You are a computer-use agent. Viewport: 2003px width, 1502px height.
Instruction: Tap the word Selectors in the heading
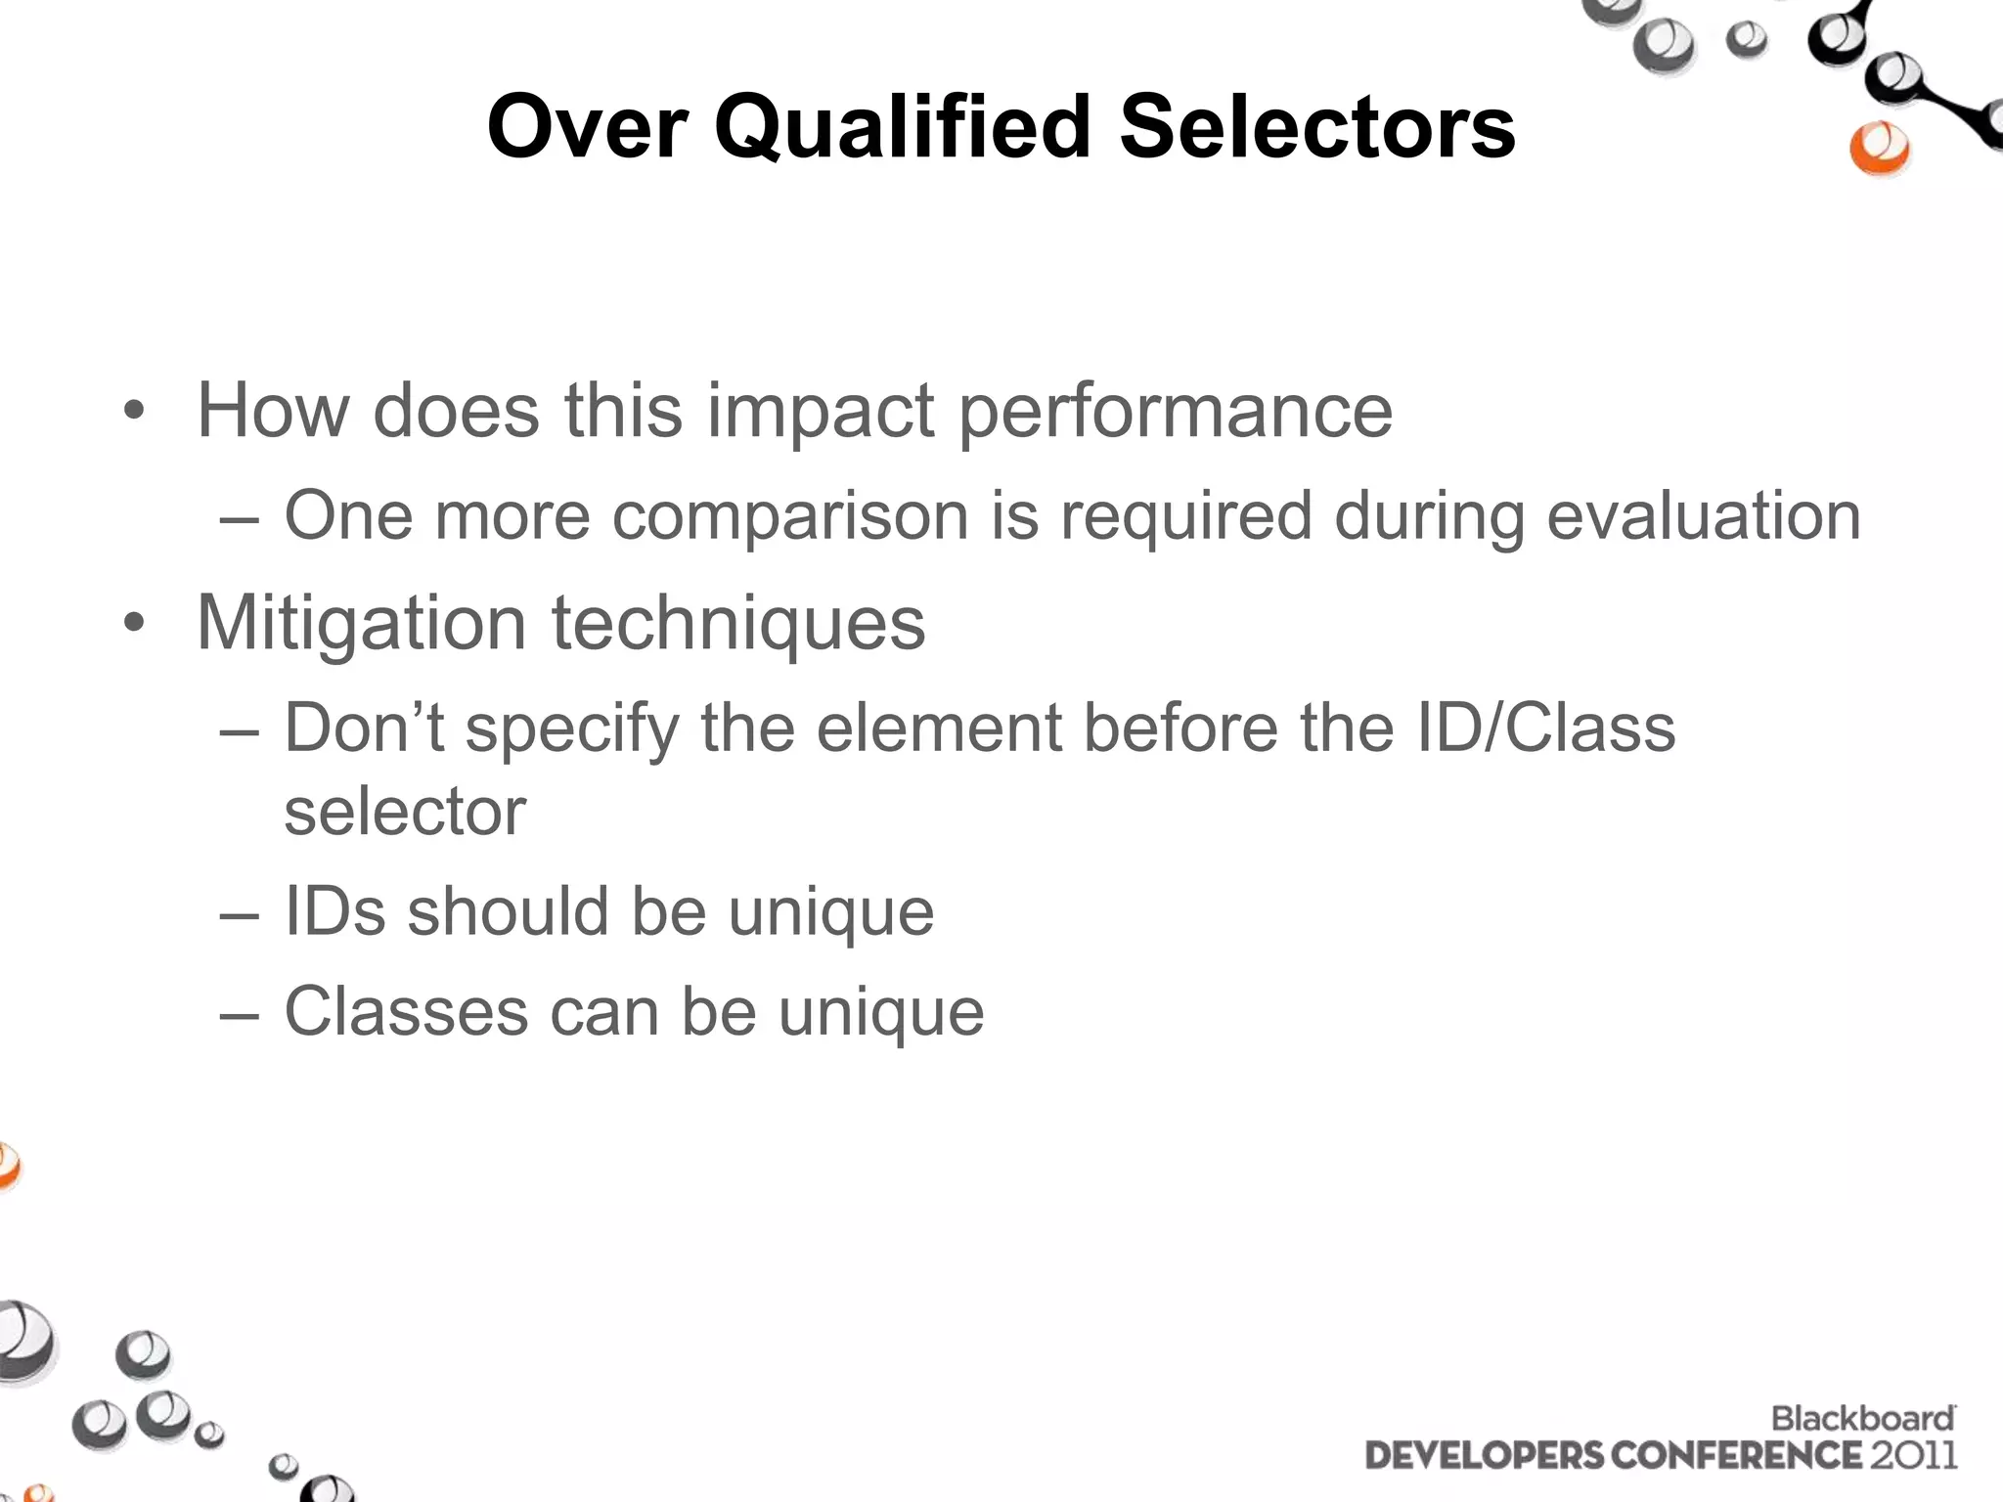point(1316,127)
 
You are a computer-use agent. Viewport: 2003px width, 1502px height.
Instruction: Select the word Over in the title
point(588,127)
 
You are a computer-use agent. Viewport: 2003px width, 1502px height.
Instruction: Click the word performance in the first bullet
point(1175,411)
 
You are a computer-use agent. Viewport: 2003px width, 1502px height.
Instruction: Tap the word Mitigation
point(362,623)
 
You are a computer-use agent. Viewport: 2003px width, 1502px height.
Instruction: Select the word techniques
point(738,623)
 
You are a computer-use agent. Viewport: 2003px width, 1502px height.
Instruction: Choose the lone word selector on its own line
point(405,812)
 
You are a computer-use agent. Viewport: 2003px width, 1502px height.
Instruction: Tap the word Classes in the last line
point(406,1011)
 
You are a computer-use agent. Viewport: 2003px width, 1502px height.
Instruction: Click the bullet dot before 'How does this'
point(134,411)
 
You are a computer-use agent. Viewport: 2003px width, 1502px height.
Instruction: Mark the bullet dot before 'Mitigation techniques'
point(134,623)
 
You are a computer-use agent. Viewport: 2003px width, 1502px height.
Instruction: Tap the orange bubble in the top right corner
point(1879,149)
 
